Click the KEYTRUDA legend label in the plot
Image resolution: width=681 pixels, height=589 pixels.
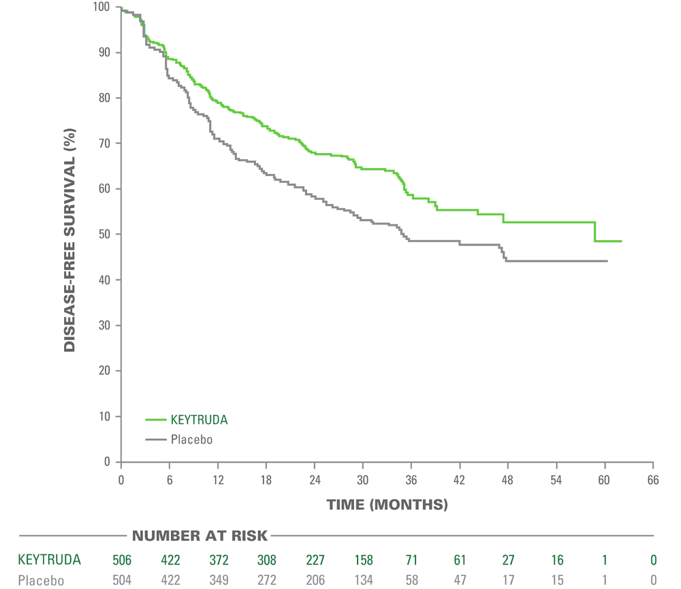click(x=200, y=420)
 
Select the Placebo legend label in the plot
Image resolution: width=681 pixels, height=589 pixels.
click(x=192, y=439)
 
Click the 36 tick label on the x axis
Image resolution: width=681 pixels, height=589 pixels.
click(x=411, y=479)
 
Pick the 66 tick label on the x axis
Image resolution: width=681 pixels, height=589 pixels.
click(x=652, y=479)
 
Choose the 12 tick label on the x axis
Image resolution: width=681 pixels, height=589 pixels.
click(x=217, y=479)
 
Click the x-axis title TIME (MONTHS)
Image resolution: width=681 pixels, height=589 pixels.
click(x=387, y=505)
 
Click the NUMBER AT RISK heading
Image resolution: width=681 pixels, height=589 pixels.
click(x=200, y=536)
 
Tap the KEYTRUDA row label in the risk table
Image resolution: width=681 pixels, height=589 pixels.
click(x=49, y=560)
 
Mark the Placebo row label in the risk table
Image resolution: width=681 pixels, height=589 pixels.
click(x=41, y=581)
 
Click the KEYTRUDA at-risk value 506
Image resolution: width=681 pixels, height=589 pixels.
click(x=122, y=560)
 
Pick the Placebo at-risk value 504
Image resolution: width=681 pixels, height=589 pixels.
click(x=122, y=581)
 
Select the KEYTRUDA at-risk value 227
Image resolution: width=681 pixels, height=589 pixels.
click(x=315, y=560)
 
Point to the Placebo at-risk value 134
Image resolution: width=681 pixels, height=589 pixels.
click(x=363, y=581)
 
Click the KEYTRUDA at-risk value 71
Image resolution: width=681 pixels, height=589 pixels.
click(x=411, y=560)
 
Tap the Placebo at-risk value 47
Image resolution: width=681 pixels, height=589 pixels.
click(x=460, y=581)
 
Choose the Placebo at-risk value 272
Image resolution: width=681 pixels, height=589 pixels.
click(x=266, y=581)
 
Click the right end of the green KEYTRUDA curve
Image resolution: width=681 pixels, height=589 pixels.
click(x=621, y=241)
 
